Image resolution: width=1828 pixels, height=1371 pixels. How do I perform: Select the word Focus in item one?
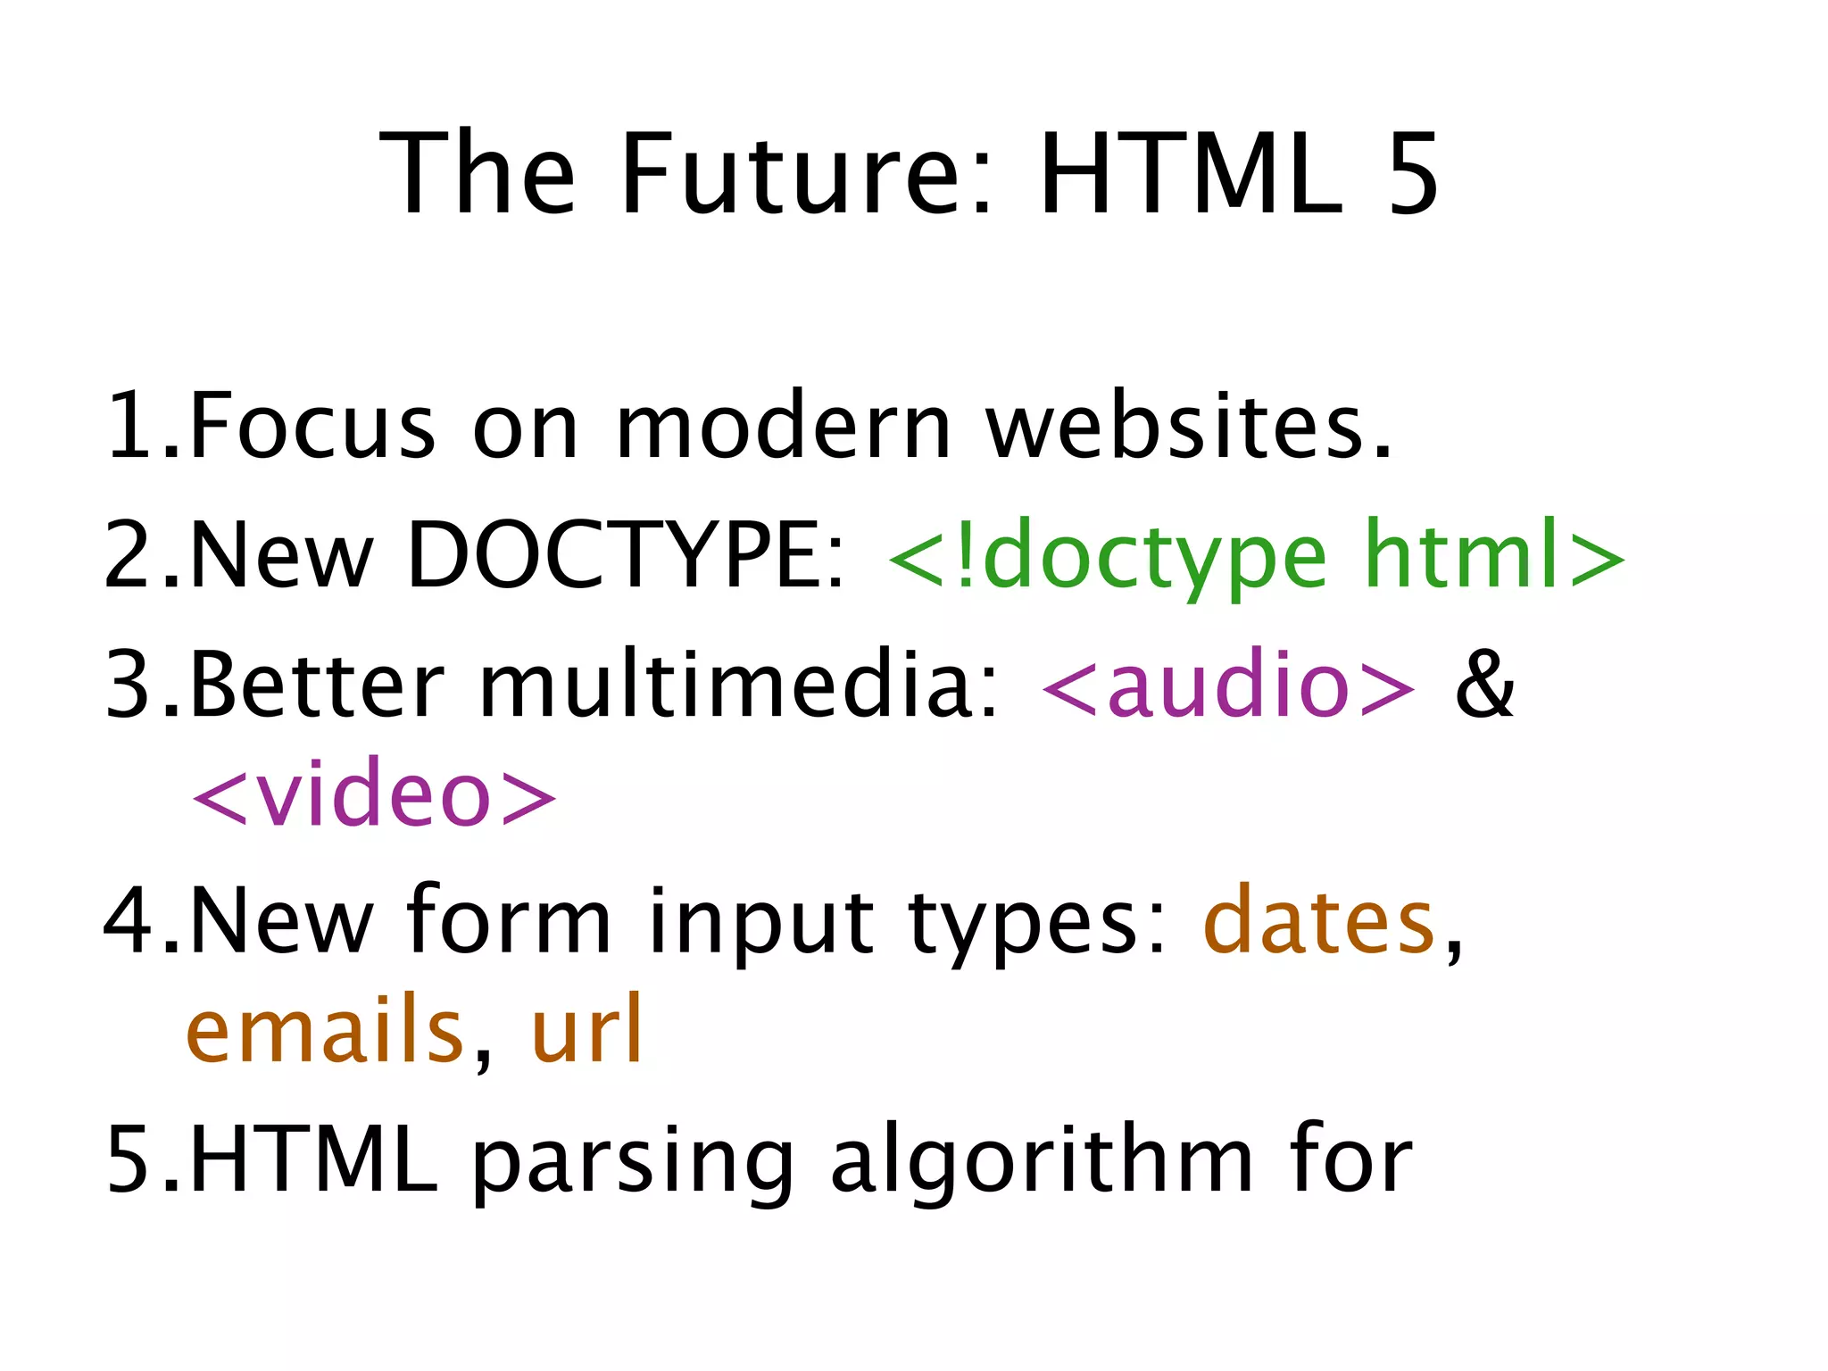pos(312,426)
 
